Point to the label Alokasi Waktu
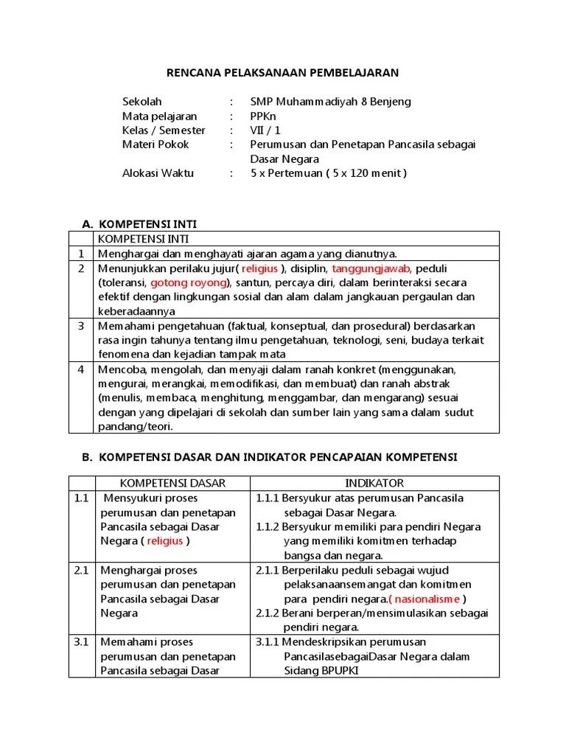coord(158,173)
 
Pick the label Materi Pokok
coord(155,145)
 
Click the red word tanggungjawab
coord(369,268)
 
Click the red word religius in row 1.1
coord(165,540)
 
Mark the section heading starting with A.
coord(139,223)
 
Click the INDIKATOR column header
coord(374,483)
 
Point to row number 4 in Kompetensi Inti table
coord(82,369)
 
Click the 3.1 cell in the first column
coord(81,641)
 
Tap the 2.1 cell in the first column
coord(81,570)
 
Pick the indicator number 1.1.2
coord(269,526)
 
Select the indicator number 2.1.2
coord(269,613)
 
